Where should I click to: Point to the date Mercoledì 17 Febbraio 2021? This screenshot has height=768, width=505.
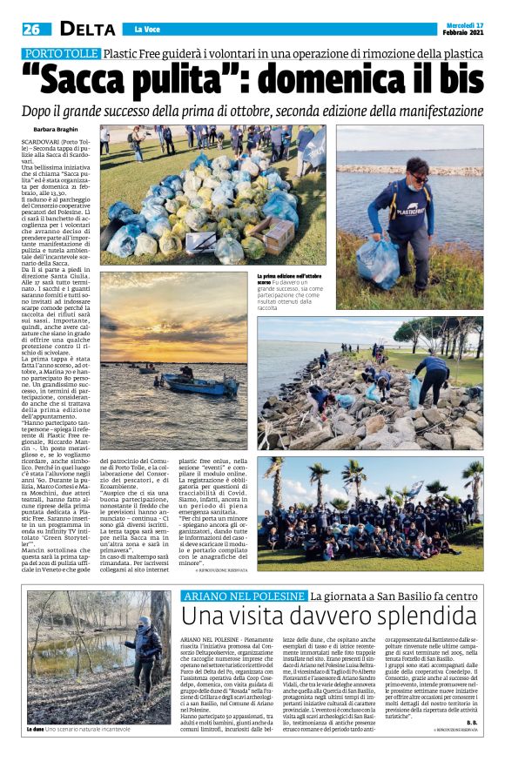[460, 26]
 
